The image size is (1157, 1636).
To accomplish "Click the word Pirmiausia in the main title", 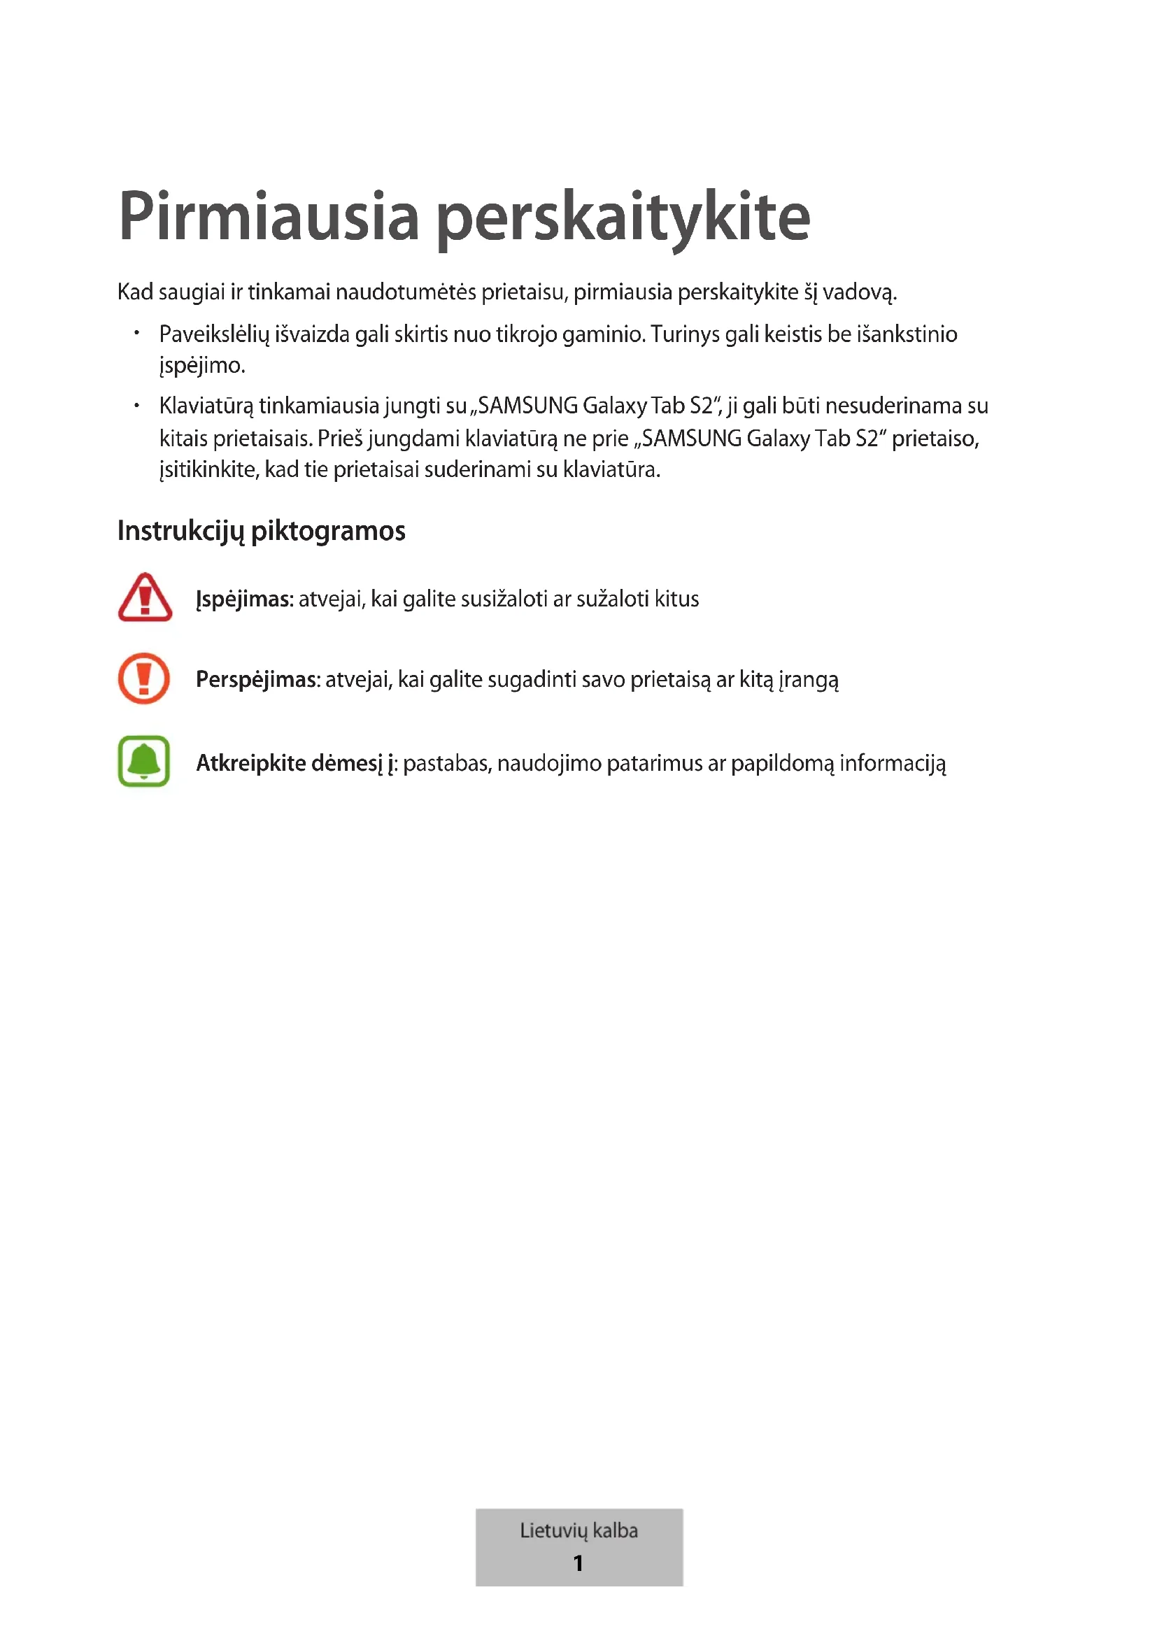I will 269,216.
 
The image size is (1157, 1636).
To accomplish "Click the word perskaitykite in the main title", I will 623,218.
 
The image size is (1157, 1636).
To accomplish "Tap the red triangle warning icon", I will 145,598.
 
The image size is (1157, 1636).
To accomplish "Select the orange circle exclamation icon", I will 144,678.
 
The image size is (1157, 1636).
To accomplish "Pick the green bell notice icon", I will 144,761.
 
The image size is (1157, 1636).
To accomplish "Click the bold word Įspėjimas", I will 244,599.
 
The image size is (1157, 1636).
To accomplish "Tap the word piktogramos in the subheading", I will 329,532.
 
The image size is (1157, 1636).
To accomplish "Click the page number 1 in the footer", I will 578,1563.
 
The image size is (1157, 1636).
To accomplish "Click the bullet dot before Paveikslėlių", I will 137,333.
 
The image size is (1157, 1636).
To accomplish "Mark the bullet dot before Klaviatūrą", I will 137,406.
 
